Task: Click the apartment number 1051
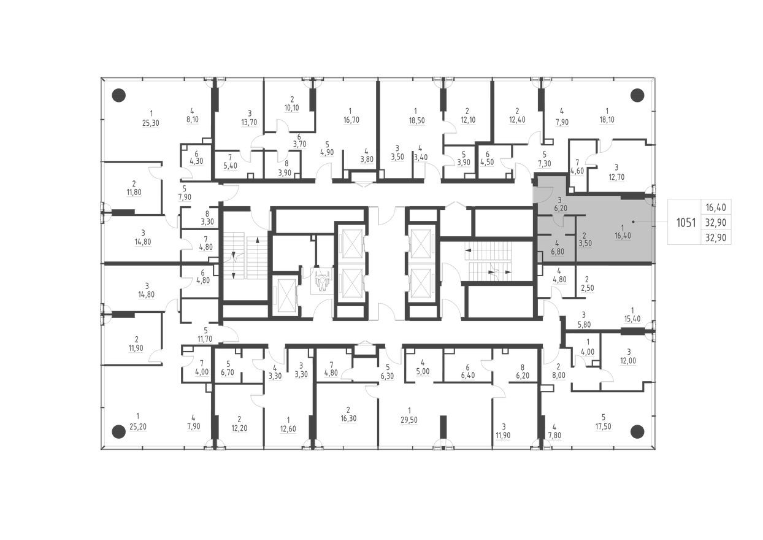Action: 686,222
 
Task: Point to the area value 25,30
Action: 150,123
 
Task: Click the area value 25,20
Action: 137,426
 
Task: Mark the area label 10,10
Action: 292,108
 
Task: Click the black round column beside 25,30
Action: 119,95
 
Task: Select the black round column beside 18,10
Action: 637,95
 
